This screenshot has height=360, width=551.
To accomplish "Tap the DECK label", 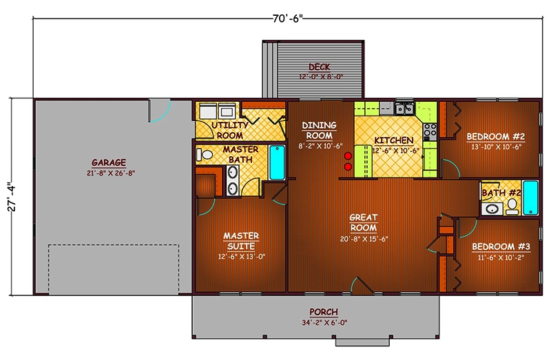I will click(319, 67).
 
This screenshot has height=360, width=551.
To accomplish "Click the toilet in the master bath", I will click(202, 154).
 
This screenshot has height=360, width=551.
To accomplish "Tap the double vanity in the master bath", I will click(233, 182).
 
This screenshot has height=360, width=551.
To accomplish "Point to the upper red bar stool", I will click(348, 156).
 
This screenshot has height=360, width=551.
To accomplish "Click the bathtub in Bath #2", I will click(530, 198).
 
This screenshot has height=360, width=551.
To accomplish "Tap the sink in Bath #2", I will click(492, 209).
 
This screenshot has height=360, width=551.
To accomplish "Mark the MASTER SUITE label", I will click(240, 241).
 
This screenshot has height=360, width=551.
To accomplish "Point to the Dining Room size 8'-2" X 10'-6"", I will click(320, 146).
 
